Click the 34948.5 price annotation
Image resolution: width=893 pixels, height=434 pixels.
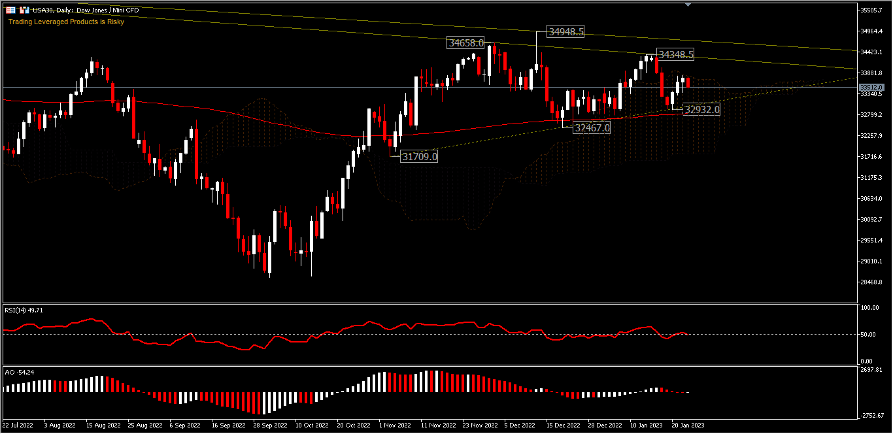566,31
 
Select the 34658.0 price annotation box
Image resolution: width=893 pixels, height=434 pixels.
465,43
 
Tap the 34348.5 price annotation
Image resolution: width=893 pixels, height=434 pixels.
676,55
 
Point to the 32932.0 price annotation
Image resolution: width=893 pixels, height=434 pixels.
701,110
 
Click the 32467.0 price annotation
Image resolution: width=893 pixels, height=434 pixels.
592,128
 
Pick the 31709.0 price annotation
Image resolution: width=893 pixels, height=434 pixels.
419,157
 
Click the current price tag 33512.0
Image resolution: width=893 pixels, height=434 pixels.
872,87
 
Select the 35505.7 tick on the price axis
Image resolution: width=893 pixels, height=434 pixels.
872,10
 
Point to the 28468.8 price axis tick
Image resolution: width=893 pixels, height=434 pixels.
872,282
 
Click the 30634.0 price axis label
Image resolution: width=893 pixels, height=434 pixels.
872,199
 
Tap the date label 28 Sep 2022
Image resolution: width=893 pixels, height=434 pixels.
270,425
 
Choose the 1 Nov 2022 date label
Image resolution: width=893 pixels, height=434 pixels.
395,425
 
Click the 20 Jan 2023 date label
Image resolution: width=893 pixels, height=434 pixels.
687,425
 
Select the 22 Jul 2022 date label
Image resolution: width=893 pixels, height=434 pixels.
18,425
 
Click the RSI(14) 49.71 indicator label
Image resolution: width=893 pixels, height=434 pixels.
24,310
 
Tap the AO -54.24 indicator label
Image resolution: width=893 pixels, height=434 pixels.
20,372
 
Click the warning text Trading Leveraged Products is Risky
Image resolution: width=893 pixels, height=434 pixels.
66,22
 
